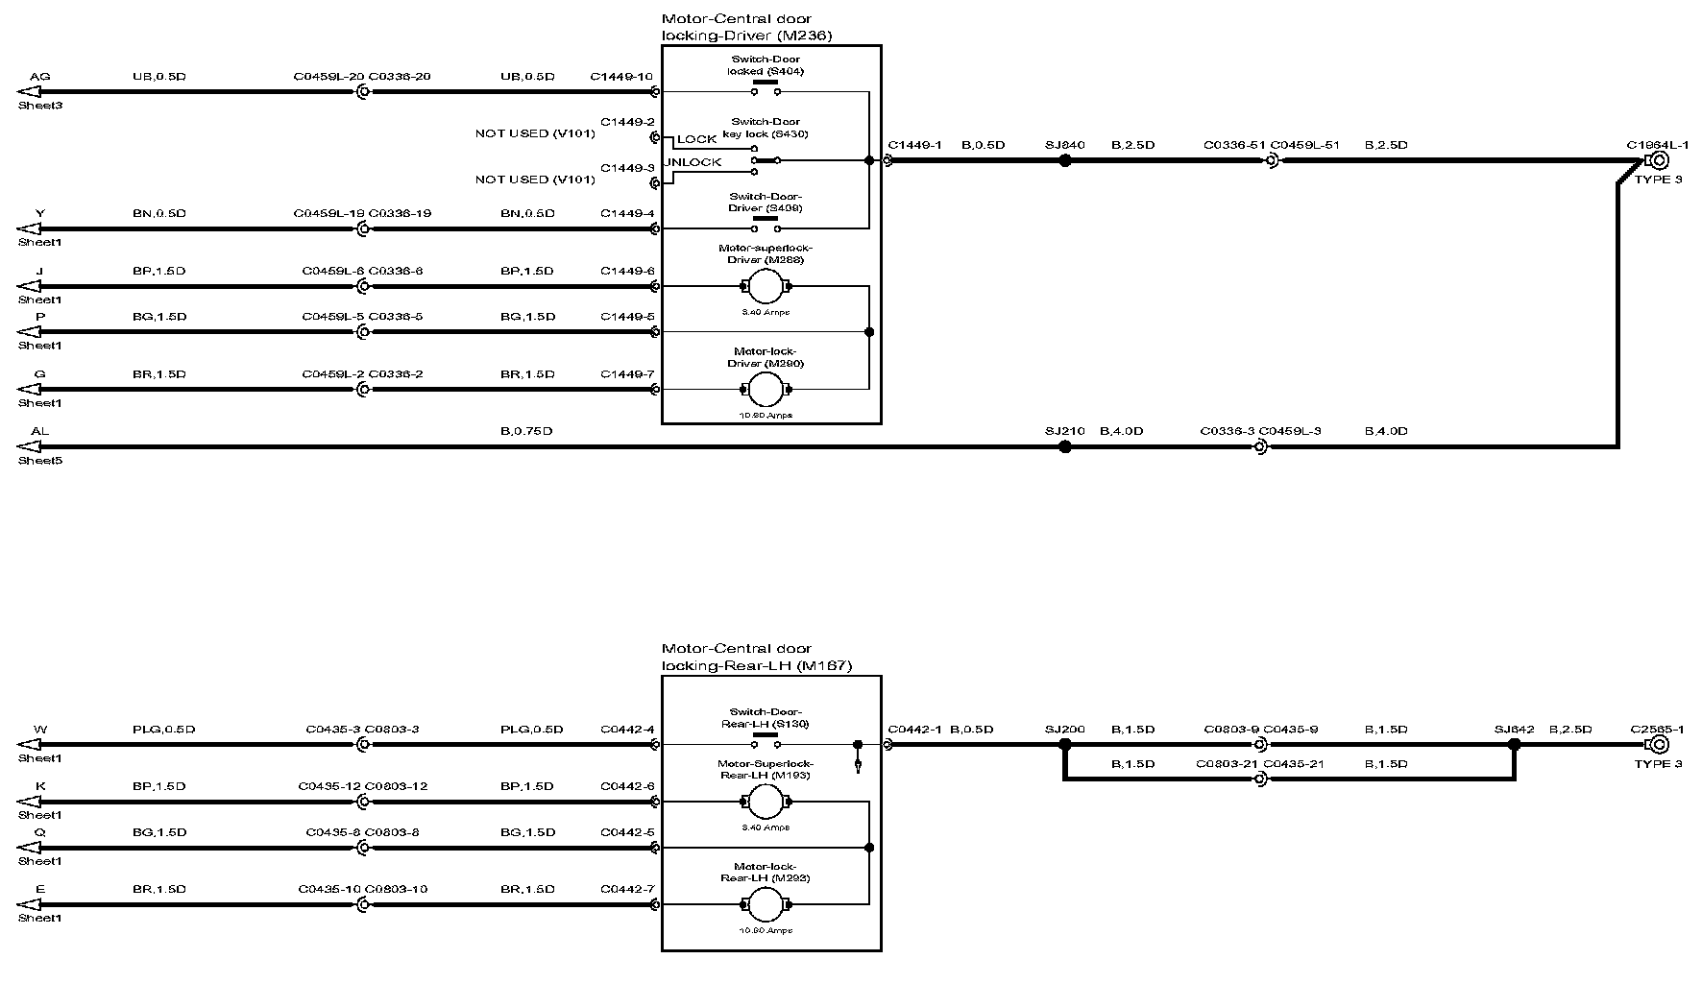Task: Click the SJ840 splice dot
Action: (1064, 161)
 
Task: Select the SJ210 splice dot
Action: (1064, 446)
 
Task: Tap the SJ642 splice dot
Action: (1515, 744)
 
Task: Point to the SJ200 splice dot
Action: (1064, 744)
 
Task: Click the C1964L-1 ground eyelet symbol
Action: (1656, 161)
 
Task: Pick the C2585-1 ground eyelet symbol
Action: (1656, 744)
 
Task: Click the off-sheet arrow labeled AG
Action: (29, 92)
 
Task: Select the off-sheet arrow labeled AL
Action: (29, 446)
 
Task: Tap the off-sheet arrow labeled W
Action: (29, 744)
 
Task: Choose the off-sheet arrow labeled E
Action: (29, 904)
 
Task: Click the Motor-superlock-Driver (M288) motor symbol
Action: (766, 286)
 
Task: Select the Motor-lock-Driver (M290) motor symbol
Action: (766, 390)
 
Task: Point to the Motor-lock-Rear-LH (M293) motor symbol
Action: (766, 904)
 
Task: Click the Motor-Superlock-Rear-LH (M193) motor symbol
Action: (766, 802)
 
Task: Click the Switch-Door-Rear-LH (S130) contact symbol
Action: (766, 742)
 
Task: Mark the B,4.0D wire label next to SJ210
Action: (1121, 431)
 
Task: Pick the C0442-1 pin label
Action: (914, 730)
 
